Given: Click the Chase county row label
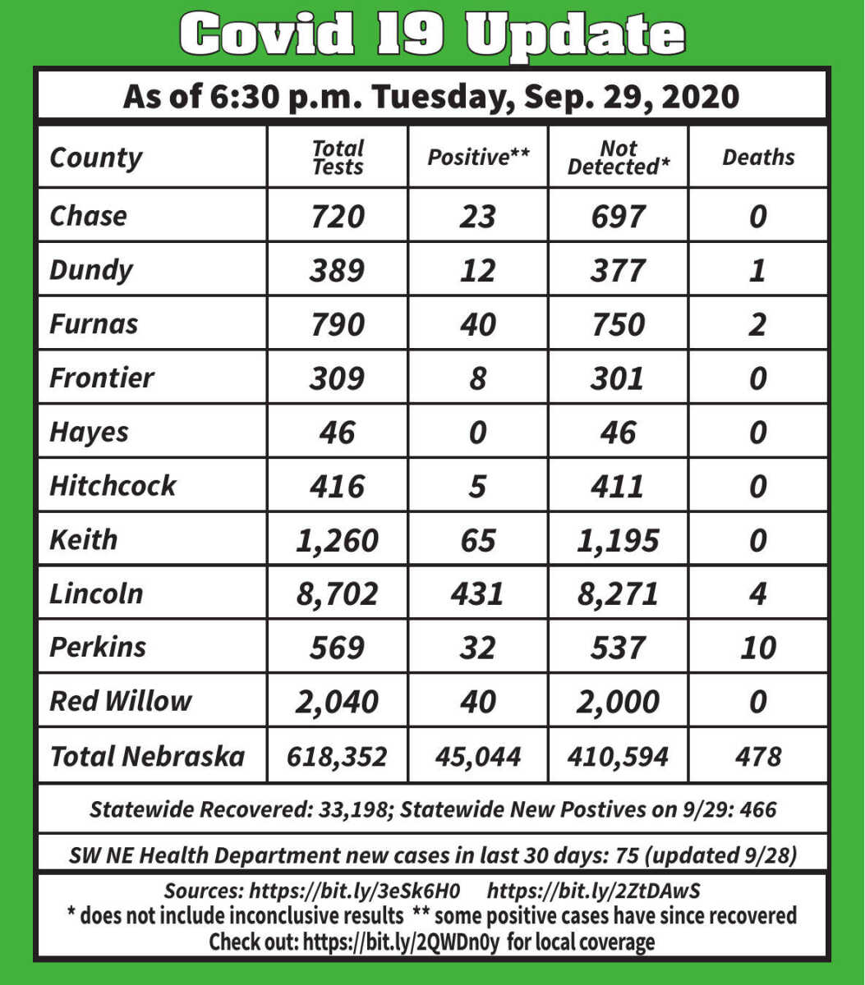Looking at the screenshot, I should (x=88, y=216).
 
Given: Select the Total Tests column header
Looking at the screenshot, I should (x=338, y=158).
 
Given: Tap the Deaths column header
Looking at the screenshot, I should (x=758, y=158).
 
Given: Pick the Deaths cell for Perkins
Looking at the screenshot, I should (x=758, y=648).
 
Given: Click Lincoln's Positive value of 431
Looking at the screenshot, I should (x=478, y=593).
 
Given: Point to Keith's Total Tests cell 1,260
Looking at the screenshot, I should (x=338, y=540).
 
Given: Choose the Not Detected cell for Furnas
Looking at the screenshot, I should (x=618, y=324).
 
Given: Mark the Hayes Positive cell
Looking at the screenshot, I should (x=478, y=432).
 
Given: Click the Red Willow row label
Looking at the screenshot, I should (x=120, y=701).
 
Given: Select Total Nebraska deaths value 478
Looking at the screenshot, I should (x=758, y=756).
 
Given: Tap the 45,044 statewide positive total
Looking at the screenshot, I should (x=478, y=756).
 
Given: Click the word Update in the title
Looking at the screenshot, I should (x=575, y=34).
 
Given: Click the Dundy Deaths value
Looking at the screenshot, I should (x=758, y=270).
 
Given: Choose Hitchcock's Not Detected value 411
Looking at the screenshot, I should (x=618, y=486).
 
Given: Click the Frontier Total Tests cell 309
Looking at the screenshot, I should (x=338, y=378).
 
